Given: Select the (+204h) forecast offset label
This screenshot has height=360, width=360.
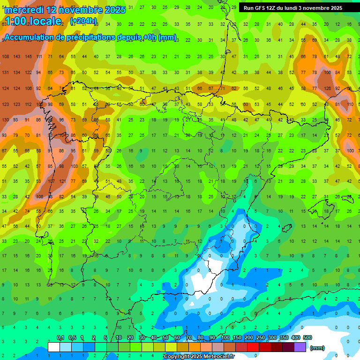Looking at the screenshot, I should click(83, 21).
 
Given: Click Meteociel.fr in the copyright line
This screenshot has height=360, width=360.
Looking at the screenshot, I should click(217, 357).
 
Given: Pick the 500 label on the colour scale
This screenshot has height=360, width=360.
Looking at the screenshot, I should click(307, 338).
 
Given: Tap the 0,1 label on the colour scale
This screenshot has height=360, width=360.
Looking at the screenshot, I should click(60, 338).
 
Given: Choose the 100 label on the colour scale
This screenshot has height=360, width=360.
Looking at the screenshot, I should click(225, 338).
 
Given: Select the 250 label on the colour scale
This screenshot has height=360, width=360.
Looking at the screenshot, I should click(261, 338).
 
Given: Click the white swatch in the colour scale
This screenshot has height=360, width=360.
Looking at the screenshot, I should click(53, 347).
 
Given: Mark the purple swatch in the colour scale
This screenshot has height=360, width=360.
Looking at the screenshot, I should click(300, 347).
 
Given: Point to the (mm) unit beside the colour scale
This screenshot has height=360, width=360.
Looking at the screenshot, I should click(317, 348).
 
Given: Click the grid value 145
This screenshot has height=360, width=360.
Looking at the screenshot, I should click(29, 57).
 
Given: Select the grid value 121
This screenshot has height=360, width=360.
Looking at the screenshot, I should click(62, 181).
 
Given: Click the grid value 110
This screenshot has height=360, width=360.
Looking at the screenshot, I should click(350, 104).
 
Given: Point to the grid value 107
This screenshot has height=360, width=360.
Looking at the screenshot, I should click(51, 181).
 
